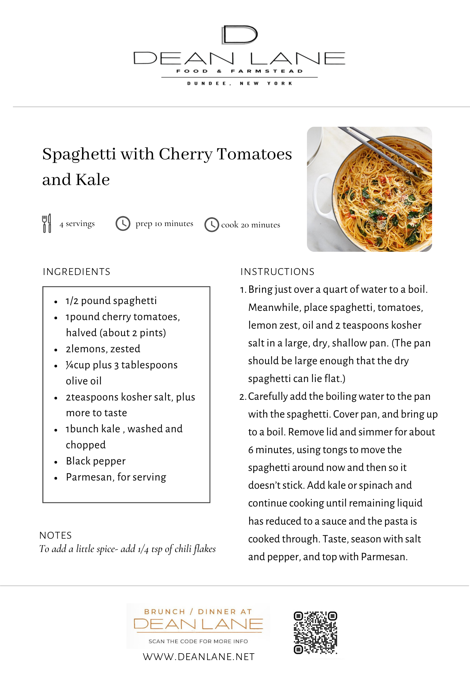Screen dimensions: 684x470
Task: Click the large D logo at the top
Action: click(x=239, y=35)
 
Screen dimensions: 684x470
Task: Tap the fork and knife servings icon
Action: click(x=46, y=223)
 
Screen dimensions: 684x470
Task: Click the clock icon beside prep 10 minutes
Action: click(x=123, y=223)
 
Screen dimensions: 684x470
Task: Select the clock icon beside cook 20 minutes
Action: click(x=212, y=225)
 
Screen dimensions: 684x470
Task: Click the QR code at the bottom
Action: click(x=315, y=633)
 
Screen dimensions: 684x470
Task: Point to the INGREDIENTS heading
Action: click(x=77, y=272)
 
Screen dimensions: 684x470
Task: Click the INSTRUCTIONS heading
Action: click(x=277, y=272)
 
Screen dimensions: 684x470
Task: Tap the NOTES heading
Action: click(x=56, y=535)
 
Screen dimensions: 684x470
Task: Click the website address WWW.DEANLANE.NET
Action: click(x=199, y=657)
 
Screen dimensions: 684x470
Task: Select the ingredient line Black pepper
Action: click(x=96, y=461)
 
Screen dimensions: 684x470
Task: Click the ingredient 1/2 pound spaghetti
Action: click(x=111, y=301)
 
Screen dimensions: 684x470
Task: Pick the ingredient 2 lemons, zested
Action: click(x=103, y=349)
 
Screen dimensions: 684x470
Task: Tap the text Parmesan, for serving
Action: click(x=116, y=477)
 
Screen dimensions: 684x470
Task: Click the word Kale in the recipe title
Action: click(x=93, y=180)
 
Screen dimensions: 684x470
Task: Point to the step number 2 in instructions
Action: click(x=242, y=397)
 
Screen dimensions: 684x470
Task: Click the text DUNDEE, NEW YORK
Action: click(x=239, y=83)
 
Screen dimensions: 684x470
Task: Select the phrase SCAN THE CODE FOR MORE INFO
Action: click(x=198, y=641)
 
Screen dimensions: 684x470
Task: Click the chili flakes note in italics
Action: click(x=127, y=549)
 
